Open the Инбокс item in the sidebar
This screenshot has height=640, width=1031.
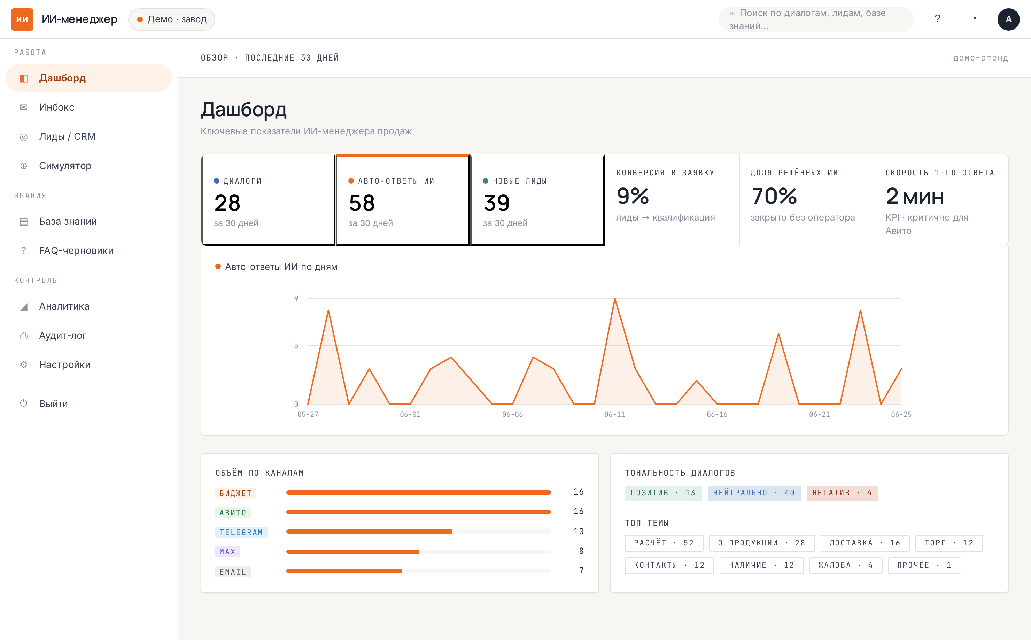tap(56, 107)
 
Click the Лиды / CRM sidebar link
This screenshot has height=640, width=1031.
tap(67, 136)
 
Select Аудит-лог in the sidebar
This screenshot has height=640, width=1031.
tap(62, 335)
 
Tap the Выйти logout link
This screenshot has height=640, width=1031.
tap(53, 403)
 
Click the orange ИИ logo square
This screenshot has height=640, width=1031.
tap(22, 19)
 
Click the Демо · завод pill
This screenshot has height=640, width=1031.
tap(172, 19)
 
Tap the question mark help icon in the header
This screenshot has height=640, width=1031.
tap(937, 19)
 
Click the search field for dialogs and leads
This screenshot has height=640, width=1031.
tap(816, 19)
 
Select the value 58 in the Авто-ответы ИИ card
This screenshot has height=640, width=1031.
tap(362, 203)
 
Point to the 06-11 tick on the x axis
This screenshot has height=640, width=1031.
tap(614, 414)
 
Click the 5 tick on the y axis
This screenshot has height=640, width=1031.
tap(296, 345)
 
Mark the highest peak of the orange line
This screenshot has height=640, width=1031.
tap(615, 298)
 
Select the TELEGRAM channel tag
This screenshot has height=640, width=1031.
tap(241, 532)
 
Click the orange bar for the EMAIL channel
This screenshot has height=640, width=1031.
tap(344, 571)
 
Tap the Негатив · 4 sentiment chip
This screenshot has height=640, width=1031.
tap(842, 493)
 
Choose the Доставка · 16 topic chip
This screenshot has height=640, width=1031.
tap(865, 543)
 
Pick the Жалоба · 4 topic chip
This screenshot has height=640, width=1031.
tap(846, 565)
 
